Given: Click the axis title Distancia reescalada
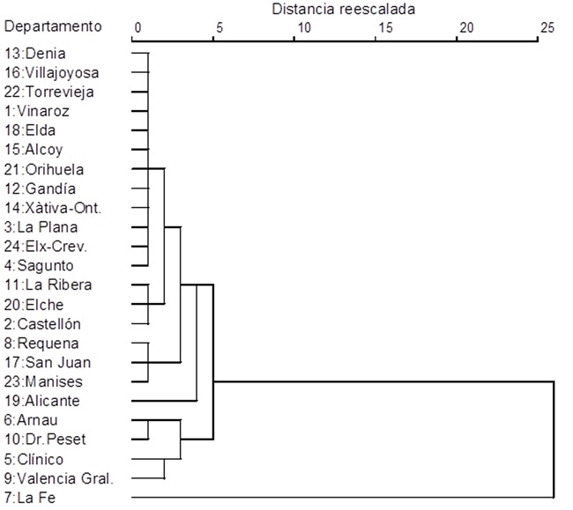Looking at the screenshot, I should [x=343, y=9].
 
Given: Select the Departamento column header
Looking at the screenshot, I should [x=53, y=26].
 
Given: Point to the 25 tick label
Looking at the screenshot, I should [x=547, y=27].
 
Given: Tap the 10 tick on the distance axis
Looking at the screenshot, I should [x=303, y=27].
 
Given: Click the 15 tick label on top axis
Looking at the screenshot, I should [x=384, y=27].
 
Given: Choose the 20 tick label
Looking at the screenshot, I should [x=466, y=27].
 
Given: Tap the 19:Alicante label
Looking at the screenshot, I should [x=41, y=401].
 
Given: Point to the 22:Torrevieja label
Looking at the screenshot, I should [x=48, y=92].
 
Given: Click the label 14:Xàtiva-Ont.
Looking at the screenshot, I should [x=53, y=208].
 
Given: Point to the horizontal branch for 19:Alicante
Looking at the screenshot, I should [x=163, y=401].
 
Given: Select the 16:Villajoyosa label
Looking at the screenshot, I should [x=51, y=72].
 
